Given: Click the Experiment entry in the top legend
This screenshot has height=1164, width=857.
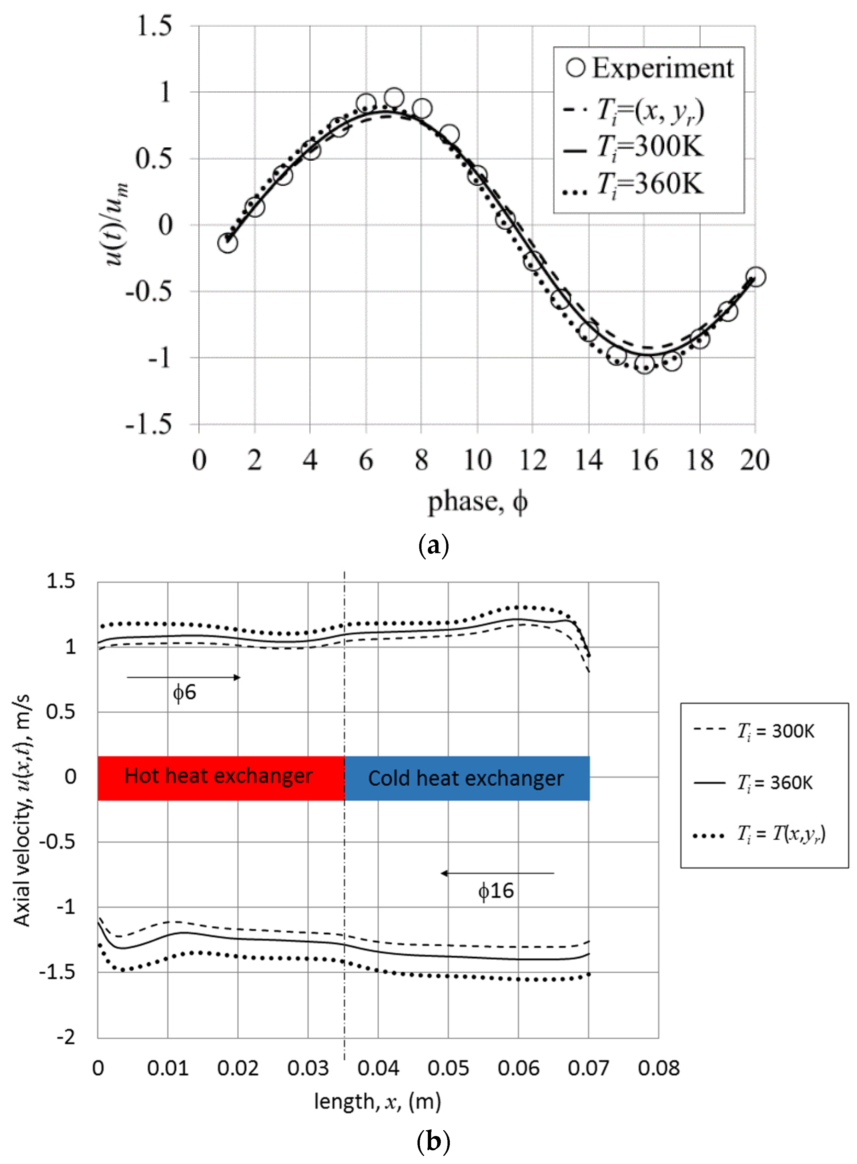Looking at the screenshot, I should pos(650,68).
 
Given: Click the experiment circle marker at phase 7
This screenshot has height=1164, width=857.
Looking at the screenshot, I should pos(394,97).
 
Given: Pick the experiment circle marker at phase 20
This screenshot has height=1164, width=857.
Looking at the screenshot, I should pos(755,276).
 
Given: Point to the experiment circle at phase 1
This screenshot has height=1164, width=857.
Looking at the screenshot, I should pos(227,242).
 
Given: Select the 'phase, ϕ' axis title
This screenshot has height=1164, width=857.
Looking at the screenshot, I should pos(477,502).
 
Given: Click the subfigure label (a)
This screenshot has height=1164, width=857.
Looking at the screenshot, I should pos(433,546).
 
